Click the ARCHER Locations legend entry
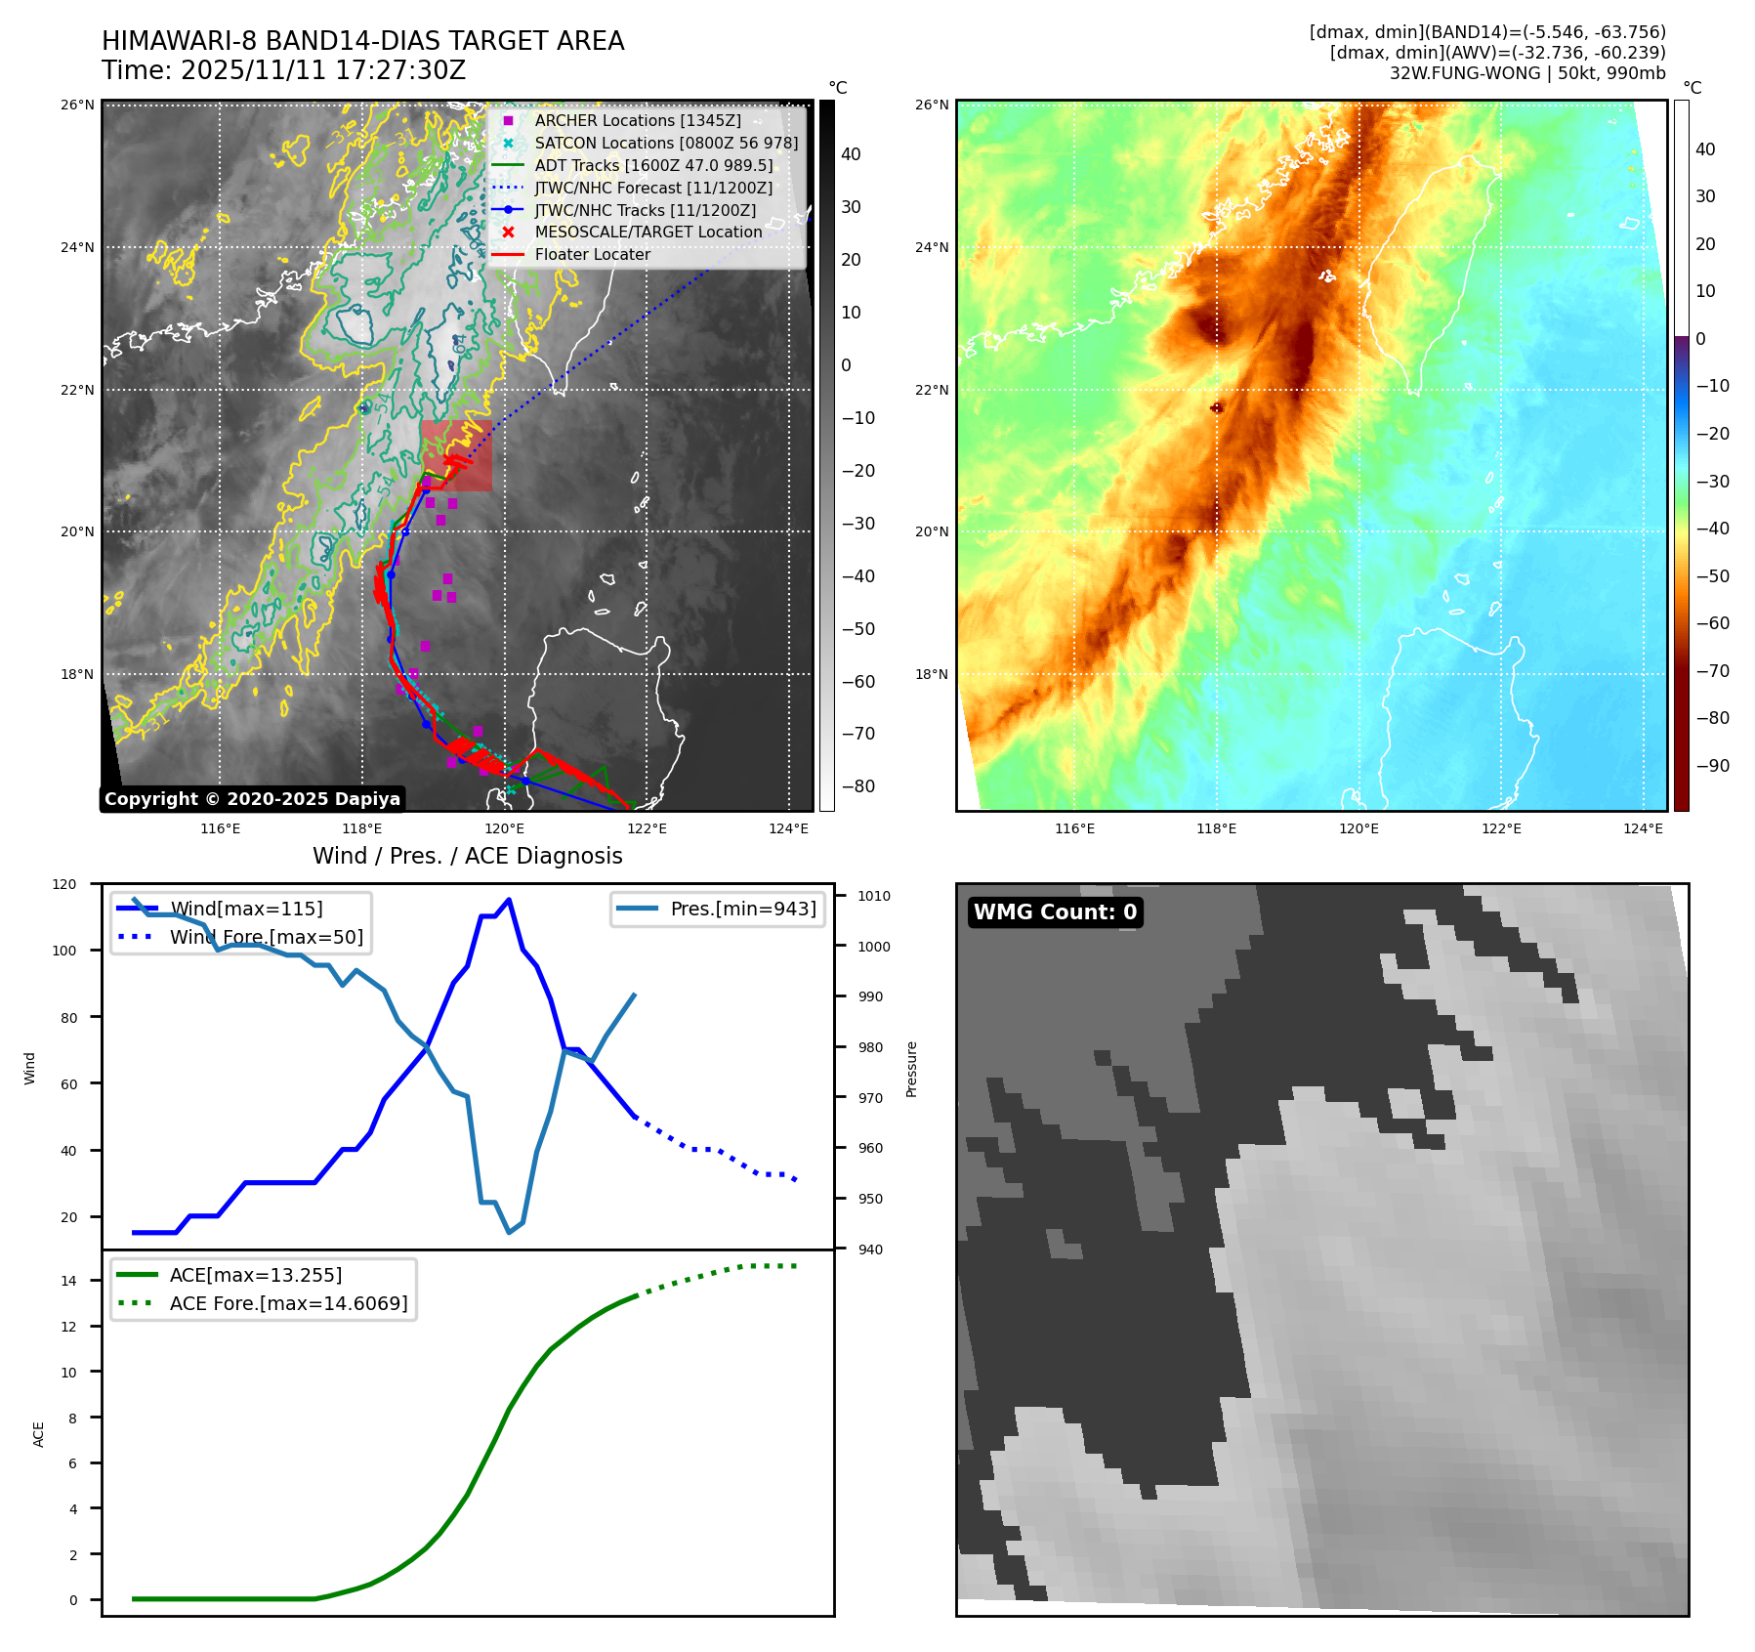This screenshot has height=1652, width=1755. [637, 120]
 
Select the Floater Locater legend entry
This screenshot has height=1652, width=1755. [592, 254]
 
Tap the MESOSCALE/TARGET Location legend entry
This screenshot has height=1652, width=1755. [648, 232]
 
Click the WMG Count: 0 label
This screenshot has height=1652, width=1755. [1055, 911]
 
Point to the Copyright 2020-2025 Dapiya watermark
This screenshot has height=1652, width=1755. [252, 798]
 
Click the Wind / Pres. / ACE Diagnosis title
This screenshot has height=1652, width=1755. [467, 856]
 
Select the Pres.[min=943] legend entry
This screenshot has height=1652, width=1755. [742, 909]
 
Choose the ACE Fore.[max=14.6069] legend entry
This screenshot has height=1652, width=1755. [288, 1303]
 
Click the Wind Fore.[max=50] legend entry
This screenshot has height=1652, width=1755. [266, 937]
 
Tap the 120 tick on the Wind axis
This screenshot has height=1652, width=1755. [64, 884]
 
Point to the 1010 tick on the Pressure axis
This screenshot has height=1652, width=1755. [874, 896]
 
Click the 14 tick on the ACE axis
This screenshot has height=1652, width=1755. [68, 1281]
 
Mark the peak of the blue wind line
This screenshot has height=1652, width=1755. [509, 900]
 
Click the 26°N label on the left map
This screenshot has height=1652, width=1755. [78, 105]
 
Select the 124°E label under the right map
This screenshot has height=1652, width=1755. [1643, 828]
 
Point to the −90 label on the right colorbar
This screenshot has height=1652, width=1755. [1712, 765]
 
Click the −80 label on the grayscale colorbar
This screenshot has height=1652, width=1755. [858, 785]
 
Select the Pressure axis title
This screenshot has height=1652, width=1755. [911, 1069]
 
